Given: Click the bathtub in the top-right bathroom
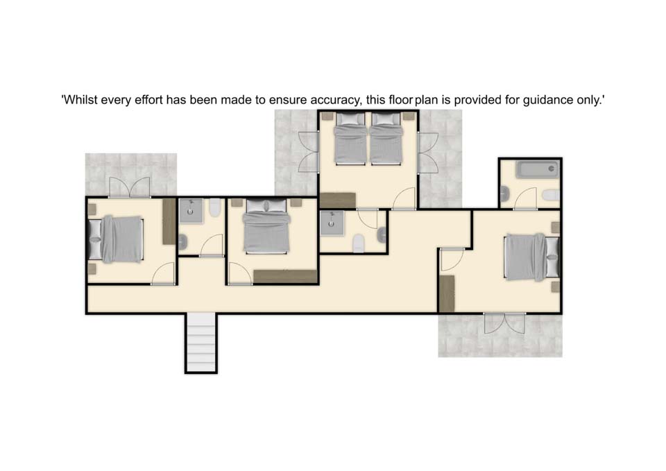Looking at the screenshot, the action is [537, 170].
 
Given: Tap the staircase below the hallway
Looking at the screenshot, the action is [201, 343].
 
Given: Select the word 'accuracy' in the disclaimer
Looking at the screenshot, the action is [335, 101].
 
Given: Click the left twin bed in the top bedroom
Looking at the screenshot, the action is [350, 139].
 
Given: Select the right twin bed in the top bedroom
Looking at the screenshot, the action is [386, 139].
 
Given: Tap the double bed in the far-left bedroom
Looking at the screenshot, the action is [116, 239].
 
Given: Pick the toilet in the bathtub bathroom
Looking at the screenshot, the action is [551, 195].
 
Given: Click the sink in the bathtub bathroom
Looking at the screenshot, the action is [505, 194].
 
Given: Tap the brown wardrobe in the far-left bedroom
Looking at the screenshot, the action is [169, 221].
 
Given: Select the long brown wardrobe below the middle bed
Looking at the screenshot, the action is [285, 277].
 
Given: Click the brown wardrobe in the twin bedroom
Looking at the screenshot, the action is [338, 200].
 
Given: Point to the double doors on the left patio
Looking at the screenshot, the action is [130, 187].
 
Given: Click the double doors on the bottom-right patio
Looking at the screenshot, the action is [504, 323].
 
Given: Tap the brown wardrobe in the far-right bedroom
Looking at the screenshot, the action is [446, 294].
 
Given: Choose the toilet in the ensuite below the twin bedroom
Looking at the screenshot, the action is [359, 243].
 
